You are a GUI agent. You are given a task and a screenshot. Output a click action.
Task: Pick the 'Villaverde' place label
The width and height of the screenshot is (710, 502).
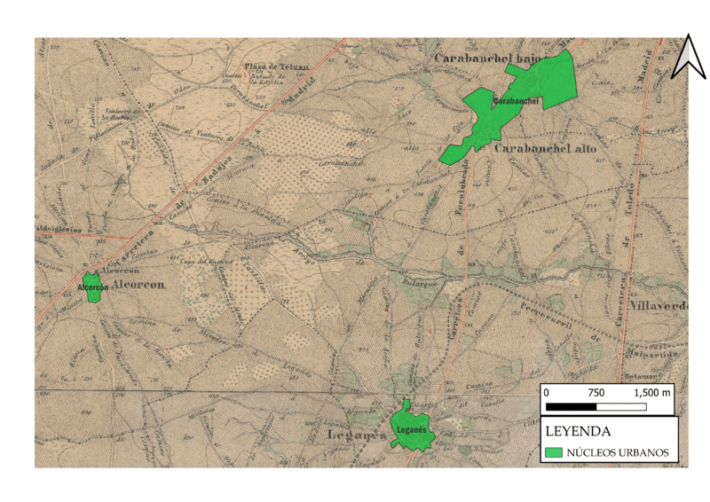(658, 306)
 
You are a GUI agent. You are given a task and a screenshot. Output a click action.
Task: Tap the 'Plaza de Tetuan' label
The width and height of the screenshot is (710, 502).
(276, 67)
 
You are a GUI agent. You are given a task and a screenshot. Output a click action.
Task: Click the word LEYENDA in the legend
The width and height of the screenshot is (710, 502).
(577, 432)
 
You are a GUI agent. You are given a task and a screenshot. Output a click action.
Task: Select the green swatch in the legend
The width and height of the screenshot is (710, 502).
(555, 452)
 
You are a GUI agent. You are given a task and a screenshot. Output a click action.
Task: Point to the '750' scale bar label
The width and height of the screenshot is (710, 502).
(596, 392)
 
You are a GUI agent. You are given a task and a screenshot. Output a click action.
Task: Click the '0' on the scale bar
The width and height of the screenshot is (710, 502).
(547, 392)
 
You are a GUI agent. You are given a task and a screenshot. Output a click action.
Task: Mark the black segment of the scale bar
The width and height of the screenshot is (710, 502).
(571, 406)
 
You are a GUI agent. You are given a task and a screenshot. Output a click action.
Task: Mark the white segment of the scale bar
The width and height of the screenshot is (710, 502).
(621, 406)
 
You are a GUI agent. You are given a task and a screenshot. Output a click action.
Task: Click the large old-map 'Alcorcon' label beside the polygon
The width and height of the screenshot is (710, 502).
(139, 285)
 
